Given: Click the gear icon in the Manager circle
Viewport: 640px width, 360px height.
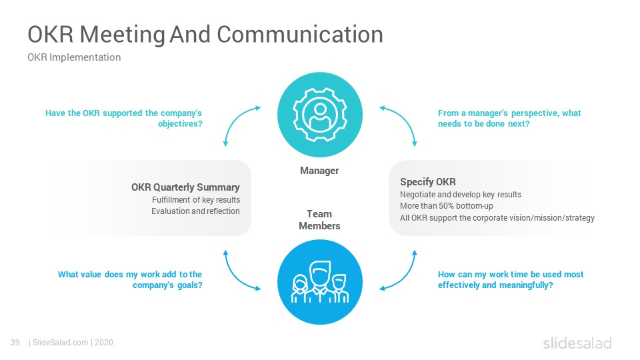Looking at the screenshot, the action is (319, 115).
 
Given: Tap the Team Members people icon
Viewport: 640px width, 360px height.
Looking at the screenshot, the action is (319, 282).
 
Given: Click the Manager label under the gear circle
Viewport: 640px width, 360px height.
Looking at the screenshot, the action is (319, 171).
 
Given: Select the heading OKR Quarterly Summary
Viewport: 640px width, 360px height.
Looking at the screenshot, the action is (185, 187).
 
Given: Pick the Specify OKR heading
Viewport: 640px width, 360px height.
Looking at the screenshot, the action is (428, 182).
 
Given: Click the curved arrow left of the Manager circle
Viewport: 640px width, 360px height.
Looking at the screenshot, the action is (235, 119).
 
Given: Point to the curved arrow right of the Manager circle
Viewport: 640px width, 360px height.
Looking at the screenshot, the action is (405, 119).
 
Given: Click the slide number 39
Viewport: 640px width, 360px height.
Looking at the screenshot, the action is (15, 343).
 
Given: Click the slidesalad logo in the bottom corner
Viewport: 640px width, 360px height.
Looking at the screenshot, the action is (577, 343).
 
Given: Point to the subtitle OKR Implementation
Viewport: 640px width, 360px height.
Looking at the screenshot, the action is (74, 57).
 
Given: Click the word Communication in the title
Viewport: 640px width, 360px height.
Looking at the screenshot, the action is (300, 34).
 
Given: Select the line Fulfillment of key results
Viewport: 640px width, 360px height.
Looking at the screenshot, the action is (196, 200).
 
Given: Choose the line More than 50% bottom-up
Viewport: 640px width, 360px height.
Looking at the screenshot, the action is (447, 206).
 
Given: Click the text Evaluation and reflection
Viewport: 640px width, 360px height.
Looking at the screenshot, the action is (195, 211).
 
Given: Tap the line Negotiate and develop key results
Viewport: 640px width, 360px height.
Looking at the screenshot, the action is (461, 195).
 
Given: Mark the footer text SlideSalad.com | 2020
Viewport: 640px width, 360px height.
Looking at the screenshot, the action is (71, 343).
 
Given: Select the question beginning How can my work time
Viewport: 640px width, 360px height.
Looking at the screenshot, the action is (511, 279).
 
